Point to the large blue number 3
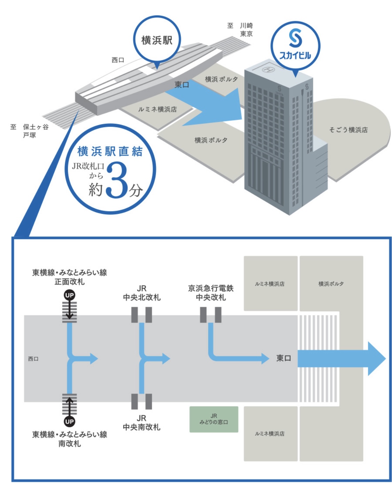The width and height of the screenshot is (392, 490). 117,180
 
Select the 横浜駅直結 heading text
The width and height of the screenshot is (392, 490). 110,151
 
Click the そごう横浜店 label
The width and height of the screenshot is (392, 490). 348,130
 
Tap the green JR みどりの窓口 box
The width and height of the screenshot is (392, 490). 214,419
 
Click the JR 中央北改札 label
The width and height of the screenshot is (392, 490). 141,293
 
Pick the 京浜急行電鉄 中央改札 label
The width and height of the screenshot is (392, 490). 211,293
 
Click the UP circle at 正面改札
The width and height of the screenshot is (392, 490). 69,295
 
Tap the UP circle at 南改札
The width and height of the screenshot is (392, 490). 69,421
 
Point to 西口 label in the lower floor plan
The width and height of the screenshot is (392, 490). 33,359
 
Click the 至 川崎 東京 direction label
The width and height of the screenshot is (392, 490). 240,30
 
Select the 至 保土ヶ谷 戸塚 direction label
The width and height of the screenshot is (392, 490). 29,131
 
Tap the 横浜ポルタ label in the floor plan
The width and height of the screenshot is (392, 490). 331,284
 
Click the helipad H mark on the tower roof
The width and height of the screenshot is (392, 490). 268,69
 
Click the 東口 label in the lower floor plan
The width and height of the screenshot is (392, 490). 284,358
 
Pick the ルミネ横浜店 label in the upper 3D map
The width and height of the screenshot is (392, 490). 157,109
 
